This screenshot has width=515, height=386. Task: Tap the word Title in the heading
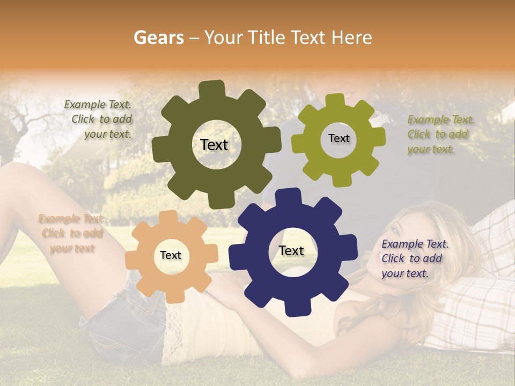coord(266,38)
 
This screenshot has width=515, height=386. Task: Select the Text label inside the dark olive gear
coord(214,145)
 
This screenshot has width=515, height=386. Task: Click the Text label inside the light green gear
coord(339,138)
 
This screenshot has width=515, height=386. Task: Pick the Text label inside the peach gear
coord(171,255)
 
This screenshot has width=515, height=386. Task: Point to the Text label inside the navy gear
coord(291,250)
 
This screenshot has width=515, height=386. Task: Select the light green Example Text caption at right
coord(440,134)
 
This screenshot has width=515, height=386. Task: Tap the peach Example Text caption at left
coord(71,233)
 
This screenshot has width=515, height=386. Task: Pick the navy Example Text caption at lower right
coord(414,258)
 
